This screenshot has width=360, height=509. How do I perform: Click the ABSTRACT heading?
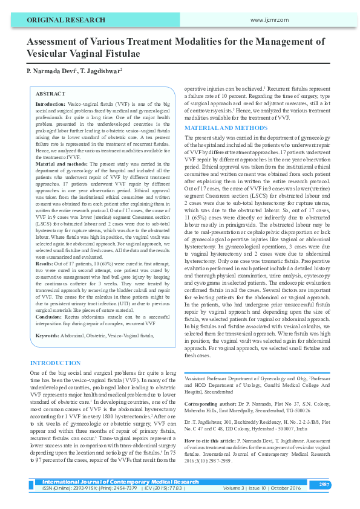point(51,94)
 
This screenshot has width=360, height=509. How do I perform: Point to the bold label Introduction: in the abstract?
point(51,105)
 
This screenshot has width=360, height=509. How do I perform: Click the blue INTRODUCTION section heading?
point(60,363)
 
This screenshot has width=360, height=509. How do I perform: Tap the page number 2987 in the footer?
point(324,484)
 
